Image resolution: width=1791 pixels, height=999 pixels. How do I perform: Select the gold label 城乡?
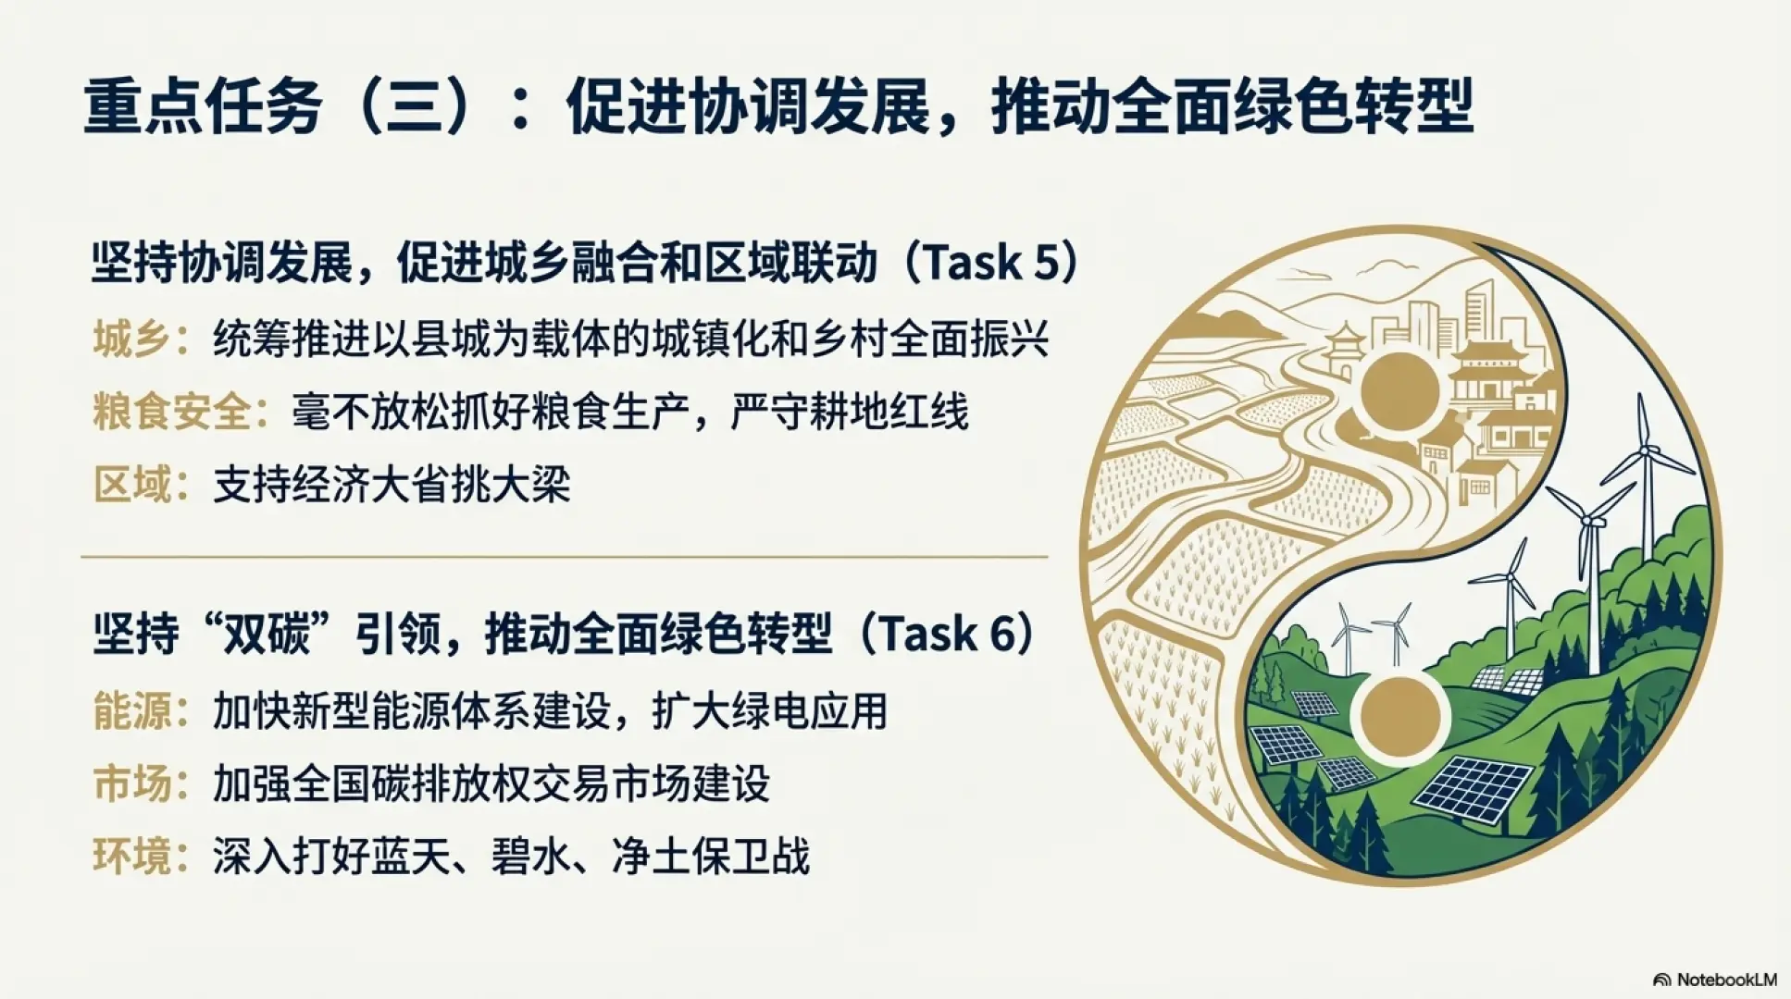(131, 339)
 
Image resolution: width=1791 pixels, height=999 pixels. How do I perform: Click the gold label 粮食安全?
(171, 412)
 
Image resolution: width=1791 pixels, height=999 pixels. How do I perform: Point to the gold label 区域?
(131, 485)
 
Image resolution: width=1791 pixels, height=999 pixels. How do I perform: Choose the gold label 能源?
(131, 711)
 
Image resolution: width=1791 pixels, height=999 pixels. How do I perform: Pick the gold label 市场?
(131, 784)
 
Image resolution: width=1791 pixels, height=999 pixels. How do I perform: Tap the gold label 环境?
(131, 857)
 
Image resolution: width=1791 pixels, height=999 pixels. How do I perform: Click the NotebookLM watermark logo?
(1661, 980)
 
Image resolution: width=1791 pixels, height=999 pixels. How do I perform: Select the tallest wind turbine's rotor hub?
(1646, 450)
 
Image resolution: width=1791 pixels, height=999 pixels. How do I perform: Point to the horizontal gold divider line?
(564, 557)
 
